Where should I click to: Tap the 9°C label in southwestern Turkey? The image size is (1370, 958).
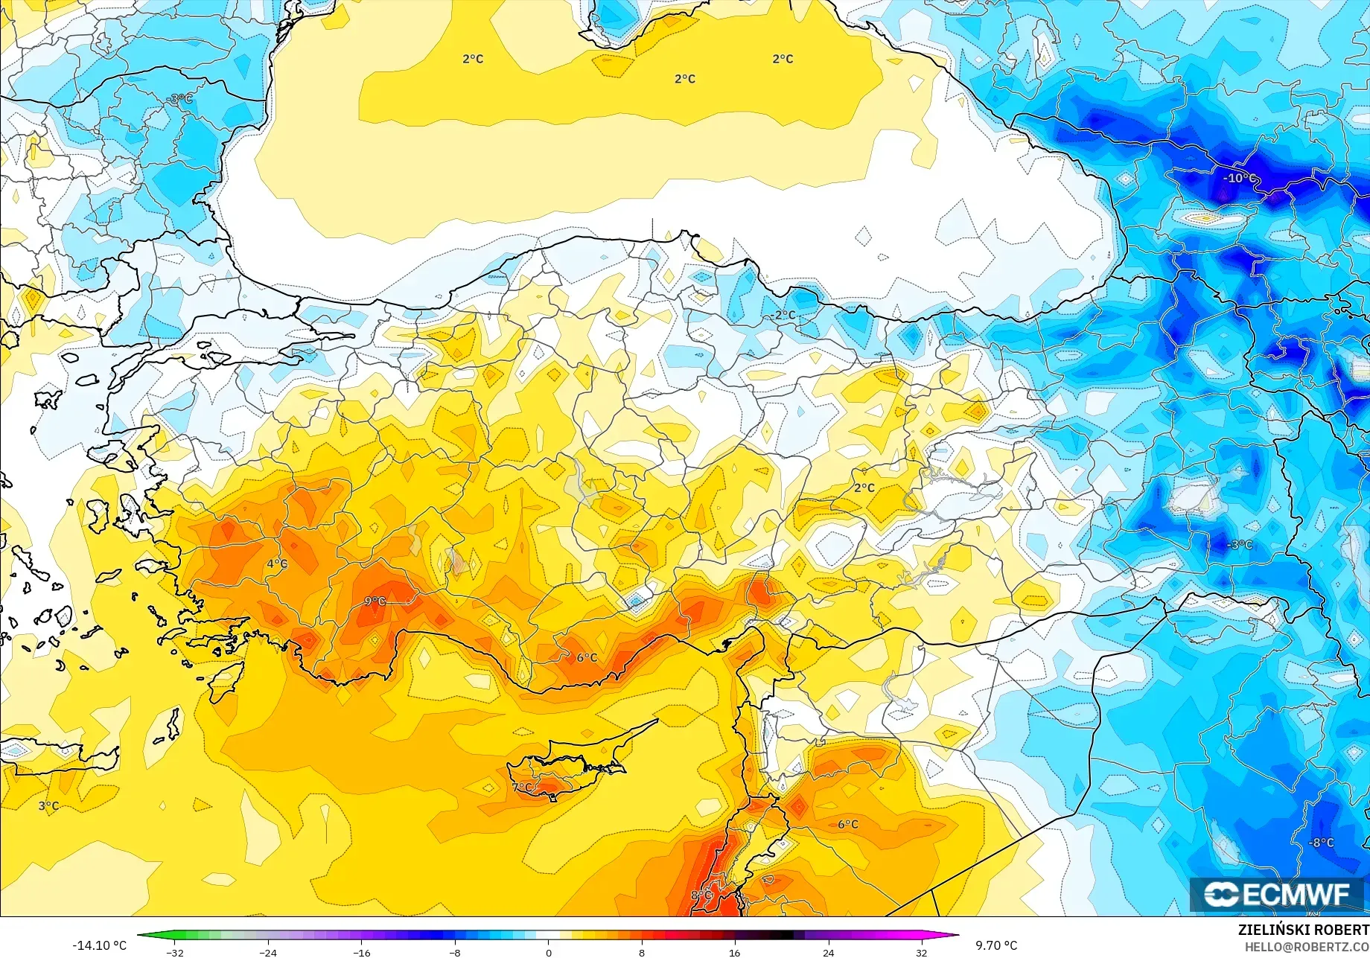click(x=375, y=601)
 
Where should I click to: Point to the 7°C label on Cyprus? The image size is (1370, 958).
click(x=523, y=787)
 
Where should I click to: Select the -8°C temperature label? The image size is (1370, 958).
click(x=1322, y=843)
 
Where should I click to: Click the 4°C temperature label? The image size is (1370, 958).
click(x=277, y=563)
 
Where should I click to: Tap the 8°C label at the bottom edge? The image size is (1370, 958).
click(x=701, y=895)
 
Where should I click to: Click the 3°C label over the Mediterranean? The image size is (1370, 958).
click(x=48, y=805)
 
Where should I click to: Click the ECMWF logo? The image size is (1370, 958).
click(x=1276, y=894)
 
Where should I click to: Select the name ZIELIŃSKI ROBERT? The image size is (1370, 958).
click(x=1303, y=930)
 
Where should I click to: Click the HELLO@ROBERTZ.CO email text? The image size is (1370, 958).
click(x=1307, y=946)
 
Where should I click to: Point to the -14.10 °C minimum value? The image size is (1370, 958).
click(x=99, y=945)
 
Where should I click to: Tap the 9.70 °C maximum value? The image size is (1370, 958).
click(x=996, y=945)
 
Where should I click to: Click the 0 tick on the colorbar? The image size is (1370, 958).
click(x=549, y=952)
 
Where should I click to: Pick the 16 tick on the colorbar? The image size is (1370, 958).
click(x=735, y=952)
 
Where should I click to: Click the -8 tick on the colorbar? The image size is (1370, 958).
click(x=455, y=952)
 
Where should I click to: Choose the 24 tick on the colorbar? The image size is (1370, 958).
click(x=828, y=952)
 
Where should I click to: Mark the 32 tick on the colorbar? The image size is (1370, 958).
click(x=922, y=952)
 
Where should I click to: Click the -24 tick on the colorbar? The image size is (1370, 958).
click(x=268, y=952)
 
